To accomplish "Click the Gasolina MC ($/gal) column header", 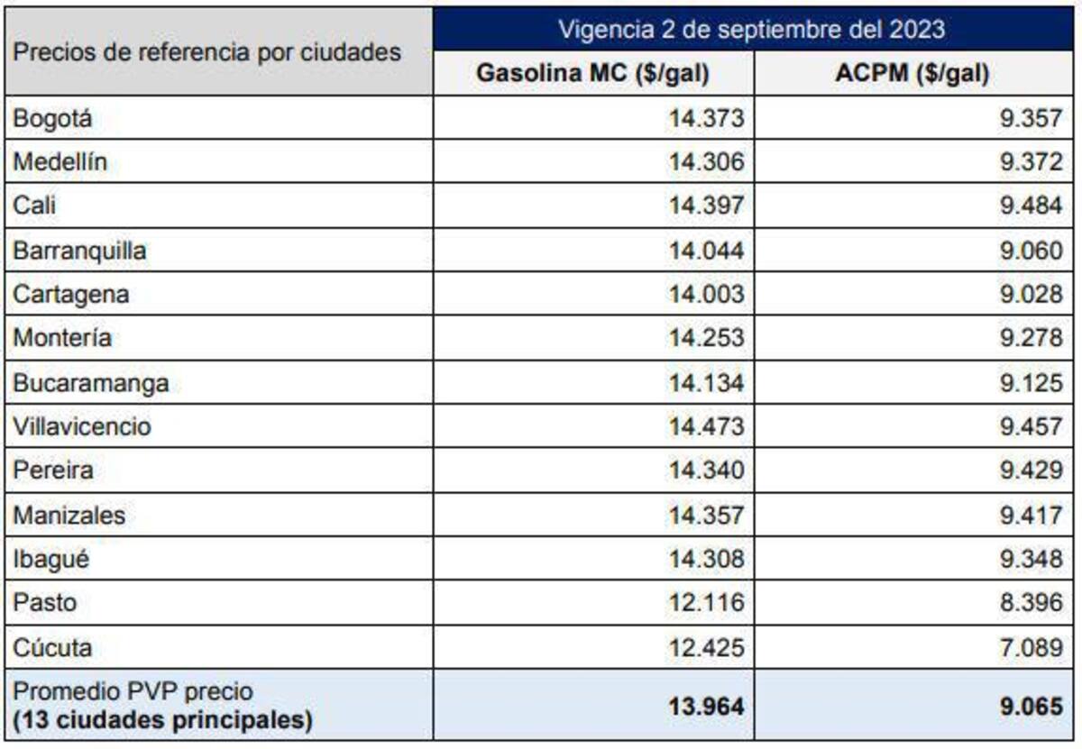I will pyautogui.click(x=592, y=74).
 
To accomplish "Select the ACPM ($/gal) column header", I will pyautogui.click(x=912, y=74).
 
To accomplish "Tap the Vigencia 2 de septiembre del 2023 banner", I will pyautogui.click(x=751, y=29).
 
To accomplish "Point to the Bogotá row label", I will pyautogui.click(x=53, y=118).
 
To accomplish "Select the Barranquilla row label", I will pyautogui.click(x=79, y=251).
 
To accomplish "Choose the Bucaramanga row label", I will pyautogui.click(x=90, y=383).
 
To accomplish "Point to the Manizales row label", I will pyautogui.click(x=69, y=516).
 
